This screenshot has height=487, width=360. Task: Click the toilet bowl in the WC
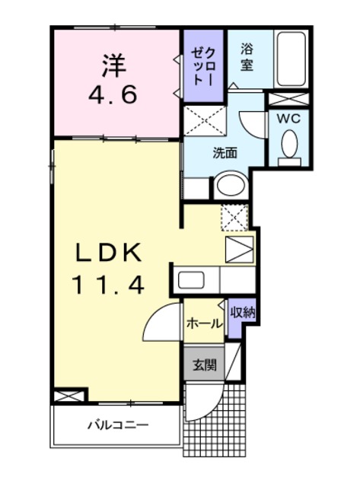(289, 144)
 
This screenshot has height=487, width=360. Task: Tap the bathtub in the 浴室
(291, 59)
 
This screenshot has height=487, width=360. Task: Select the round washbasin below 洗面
(231, 186)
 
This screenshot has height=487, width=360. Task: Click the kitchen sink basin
(191, 280)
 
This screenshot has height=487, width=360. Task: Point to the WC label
(288, 119)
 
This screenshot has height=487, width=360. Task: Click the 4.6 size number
(113, 94)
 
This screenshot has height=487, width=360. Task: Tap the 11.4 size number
(108, 285)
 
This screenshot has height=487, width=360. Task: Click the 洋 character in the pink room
(113, 65)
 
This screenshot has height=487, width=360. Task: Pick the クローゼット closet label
(202, 65)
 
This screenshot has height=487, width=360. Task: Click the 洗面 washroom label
(225, 153)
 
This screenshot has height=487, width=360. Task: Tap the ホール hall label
(205, 324)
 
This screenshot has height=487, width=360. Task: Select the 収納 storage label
(243, 313)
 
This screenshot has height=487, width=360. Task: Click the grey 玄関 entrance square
(204, 364)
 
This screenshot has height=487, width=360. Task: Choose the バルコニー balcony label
(118, 425)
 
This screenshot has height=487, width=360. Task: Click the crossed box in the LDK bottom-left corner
(68, 396)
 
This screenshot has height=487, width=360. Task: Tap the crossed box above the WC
(288, 99)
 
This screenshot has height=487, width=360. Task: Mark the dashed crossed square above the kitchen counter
(234, 218)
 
